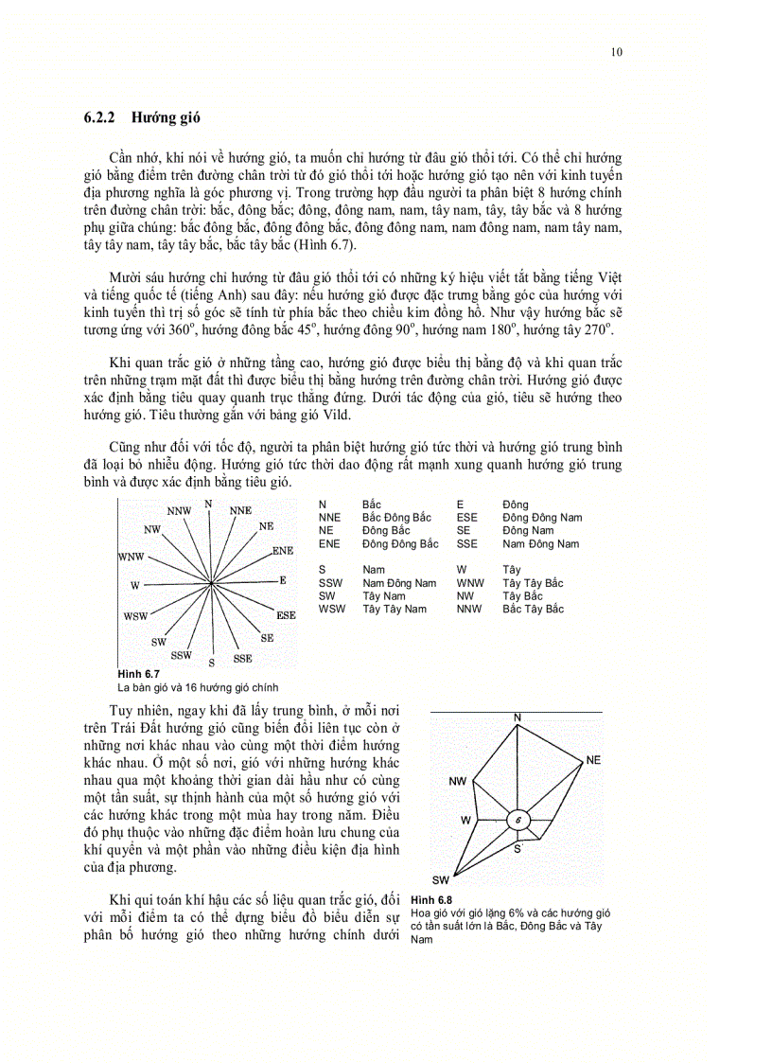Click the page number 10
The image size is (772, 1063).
pyautogui.click(x=617, y=52)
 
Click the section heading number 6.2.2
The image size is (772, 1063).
pyautogui.click(x=99, y=119)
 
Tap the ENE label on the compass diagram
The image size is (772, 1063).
pyautogui.click(x=282, y=550)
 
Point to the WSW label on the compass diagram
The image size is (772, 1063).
pyautogui.click(x=135, y=616)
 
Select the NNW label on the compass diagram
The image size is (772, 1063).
pyautogui.click(x=179, y=511)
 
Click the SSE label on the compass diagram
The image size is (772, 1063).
pyautogui.click(x=243, y=658)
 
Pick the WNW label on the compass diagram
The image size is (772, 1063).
pyautogui.click(x=131, y=556)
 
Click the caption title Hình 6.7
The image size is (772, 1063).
pyautogui.click(x=138, y=673)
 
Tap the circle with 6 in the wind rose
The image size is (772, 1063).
pyautogui.click(x=518, y=820)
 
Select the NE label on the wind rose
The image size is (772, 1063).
pyautogui.click(x=593, y=760)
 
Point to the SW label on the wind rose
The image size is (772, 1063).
pyautogui.click(x=441, y=879)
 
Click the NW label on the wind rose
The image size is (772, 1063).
pyautogui.click(x=458, y=782)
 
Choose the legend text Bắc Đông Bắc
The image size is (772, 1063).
pyautogui.click(x=396, y=518)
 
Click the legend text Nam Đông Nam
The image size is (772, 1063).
pyautogui.click(x=540, y=544)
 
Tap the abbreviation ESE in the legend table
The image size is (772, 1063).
pyautogui.click(x=467, y=518)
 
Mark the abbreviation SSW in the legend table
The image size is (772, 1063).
pyautogui.click(x=330, y=583)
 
